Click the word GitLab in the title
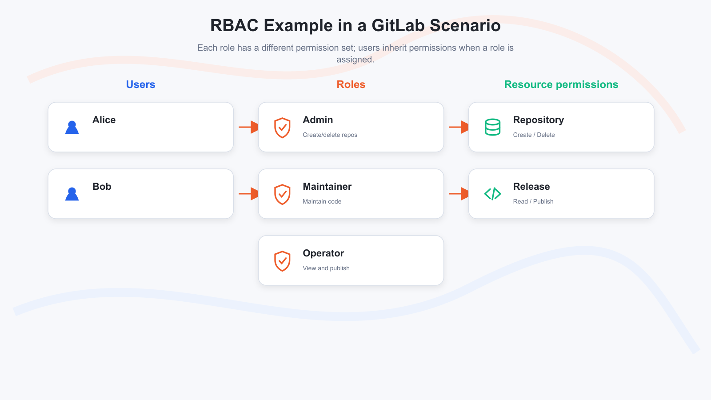398,25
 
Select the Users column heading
140,84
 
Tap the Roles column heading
351,84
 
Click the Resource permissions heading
561,84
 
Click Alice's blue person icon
72,127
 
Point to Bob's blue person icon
72,194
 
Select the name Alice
104,120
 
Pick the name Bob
102,186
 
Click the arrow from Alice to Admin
248,127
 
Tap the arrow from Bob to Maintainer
248,194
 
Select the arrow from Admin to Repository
459,127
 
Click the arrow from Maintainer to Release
459,194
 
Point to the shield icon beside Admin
282,128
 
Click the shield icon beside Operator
282,261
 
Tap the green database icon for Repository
493,127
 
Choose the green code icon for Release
493,194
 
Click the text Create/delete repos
330,135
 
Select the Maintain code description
322,202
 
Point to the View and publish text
326,268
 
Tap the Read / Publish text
533,202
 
